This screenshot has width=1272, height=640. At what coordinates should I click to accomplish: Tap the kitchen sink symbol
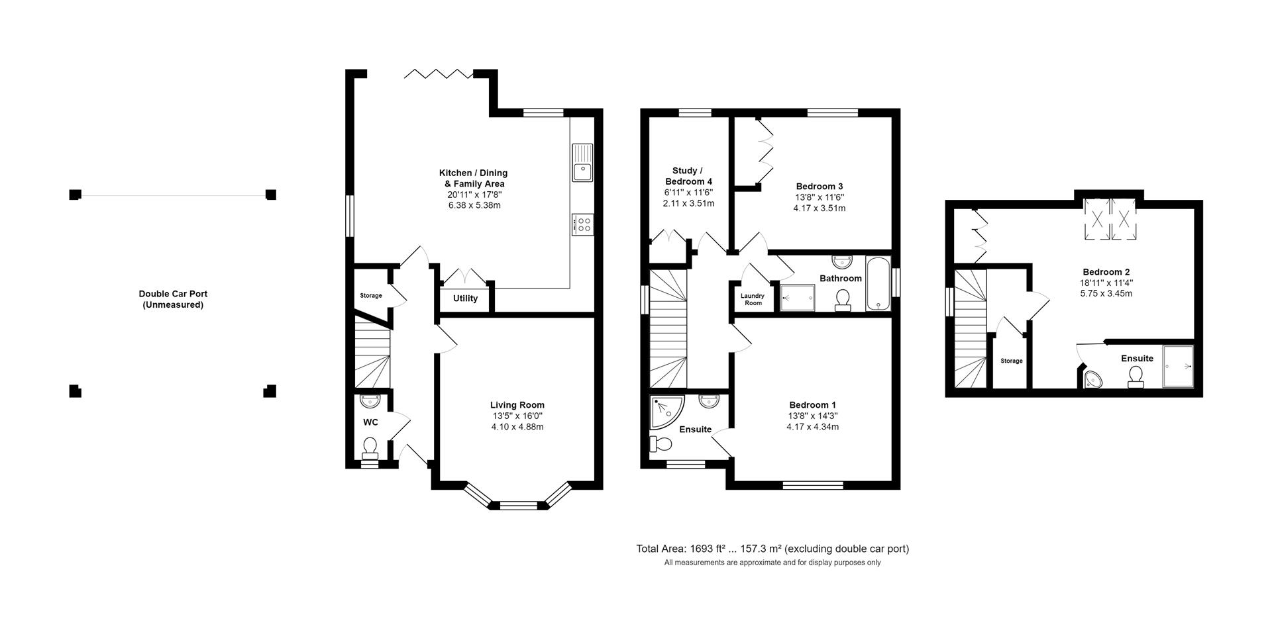tap(583, 162)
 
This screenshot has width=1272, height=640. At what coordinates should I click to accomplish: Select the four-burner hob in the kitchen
tap(583, 224)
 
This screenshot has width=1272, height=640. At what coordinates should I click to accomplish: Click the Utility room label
tap(465, 298)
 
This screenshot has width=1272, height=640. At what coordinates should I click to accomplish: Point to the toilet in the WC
tap(370, 447)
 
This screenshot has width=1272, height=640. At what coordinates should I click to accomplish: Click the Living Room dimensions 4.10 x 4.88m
tap(517, 427)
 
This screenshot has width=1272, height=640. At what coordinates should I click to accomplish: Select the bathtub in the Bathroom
tap(878, 283)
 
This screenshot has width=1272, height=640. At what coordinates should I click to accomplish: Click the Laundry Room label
tap(753, 299)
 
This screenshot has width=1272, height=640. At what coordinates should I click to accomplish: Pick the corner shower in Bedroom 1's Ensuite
tap(662, 411)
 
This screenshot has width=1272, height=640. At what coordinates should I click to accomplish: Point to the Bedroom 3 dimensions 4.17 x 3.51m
tap(819, 208)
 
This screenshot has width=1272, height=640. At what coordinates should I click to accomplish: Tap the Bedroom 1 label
tap(812, 405)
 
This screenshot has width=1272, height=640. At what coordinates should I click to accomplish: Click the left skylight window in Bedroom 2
tap(1096, 218)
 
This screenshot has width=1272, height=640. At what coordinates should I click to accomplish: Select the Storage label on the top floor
tap(1011, 361)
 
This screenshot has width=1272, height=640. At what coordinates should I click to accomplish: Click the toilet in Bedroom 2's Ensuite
tap(1136, 377)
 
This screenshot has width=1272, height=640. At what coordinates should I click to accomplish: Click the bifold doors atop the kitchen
tap(439, 73)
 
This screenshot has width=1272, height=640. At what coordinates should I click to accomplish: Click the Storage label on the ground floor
tap(371, 296)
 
